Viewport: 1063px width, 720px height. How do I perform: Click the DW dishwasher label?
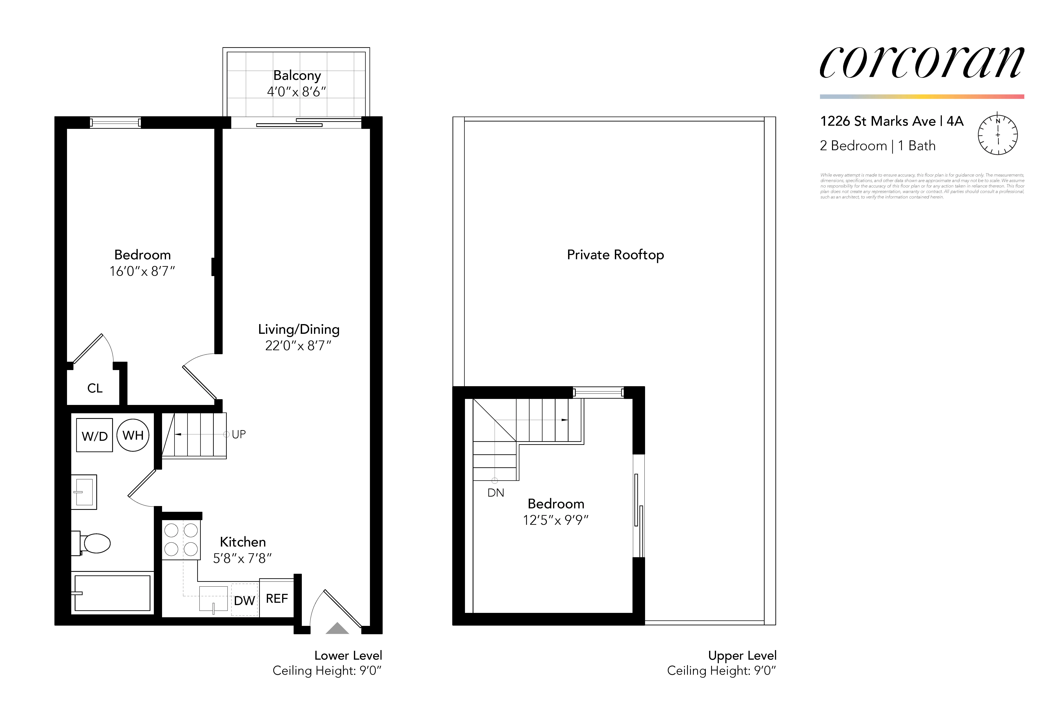pyautogui.click(x=244, y=601)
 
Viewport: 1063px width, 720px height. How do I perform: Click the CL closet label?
pyautogui.click(x=95, y=388)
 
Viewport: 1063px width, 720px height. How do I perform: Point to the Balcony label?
pyautogui.click(x=297, y=76)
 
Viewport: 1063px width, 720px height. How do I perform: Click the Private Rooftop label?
pyautogui.click(x=615, y=255)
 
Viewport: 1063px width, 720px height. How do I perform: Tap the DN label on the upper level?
pyautogui.click(x=496, y=493)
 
